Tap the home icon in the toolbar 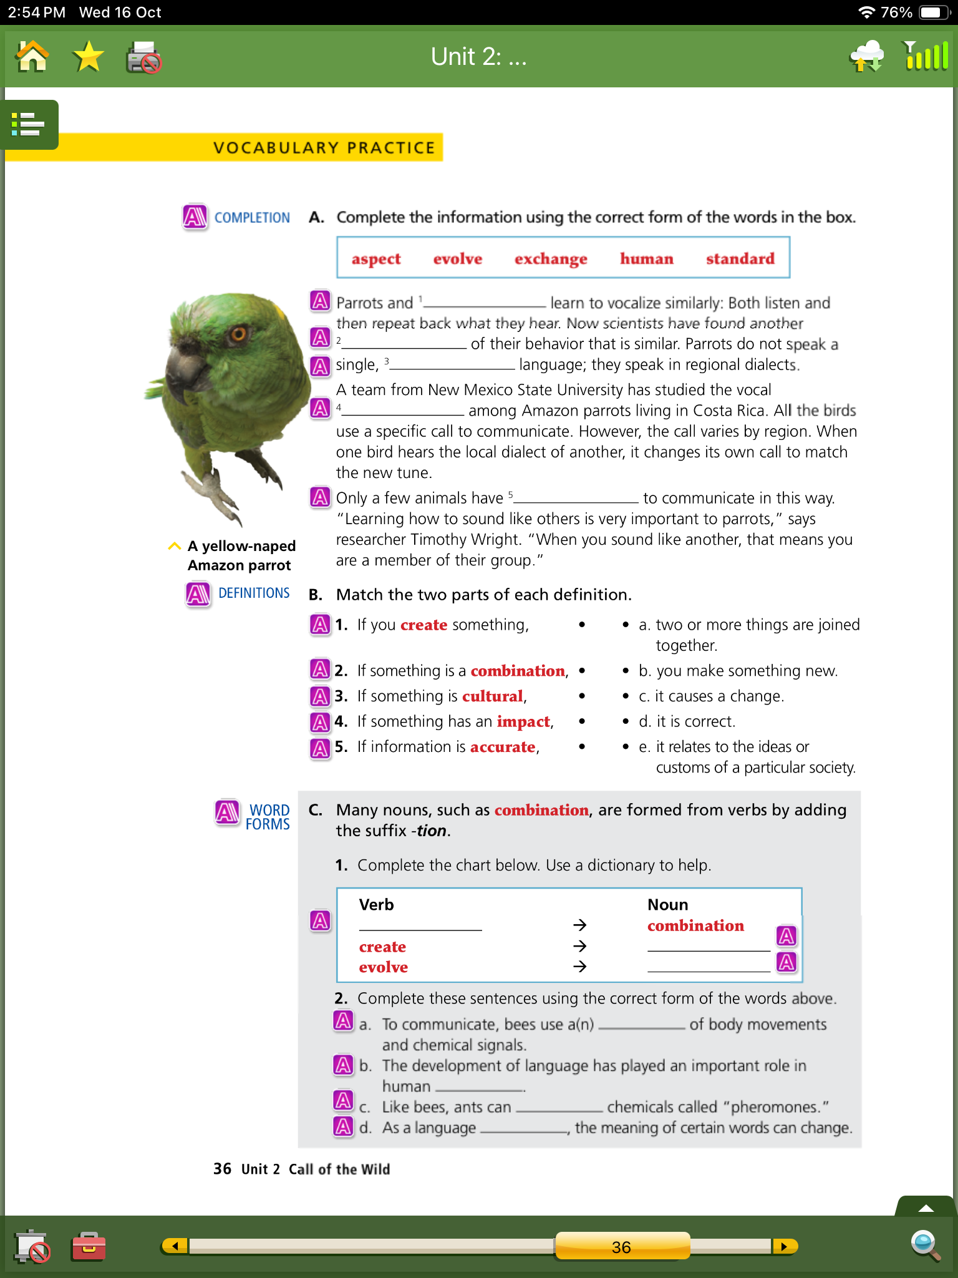click(32, 57)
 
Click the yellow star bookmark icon click(88, 57)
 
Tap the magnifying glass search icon click(925, 1245)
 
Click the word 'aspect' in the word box click(375, 258)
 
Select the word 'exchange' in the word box click(550, 258)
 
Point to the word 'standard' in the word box click(740, 258)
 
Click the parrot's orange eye click(238, 334)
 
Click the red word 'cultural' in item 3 click(492, 696)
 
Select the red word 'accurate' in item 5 click(503, 747)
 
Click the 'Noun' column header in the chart click(667, 905)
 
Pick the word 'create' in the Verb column click(382, 947)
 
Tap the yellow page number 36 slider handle click(622, 1246)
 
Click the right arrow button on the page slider click(784, 1246)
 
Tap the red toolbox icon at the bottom click(89, 1246)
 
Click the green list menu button click(29, 124)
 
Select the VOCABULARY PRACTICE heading click(324, 148)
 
